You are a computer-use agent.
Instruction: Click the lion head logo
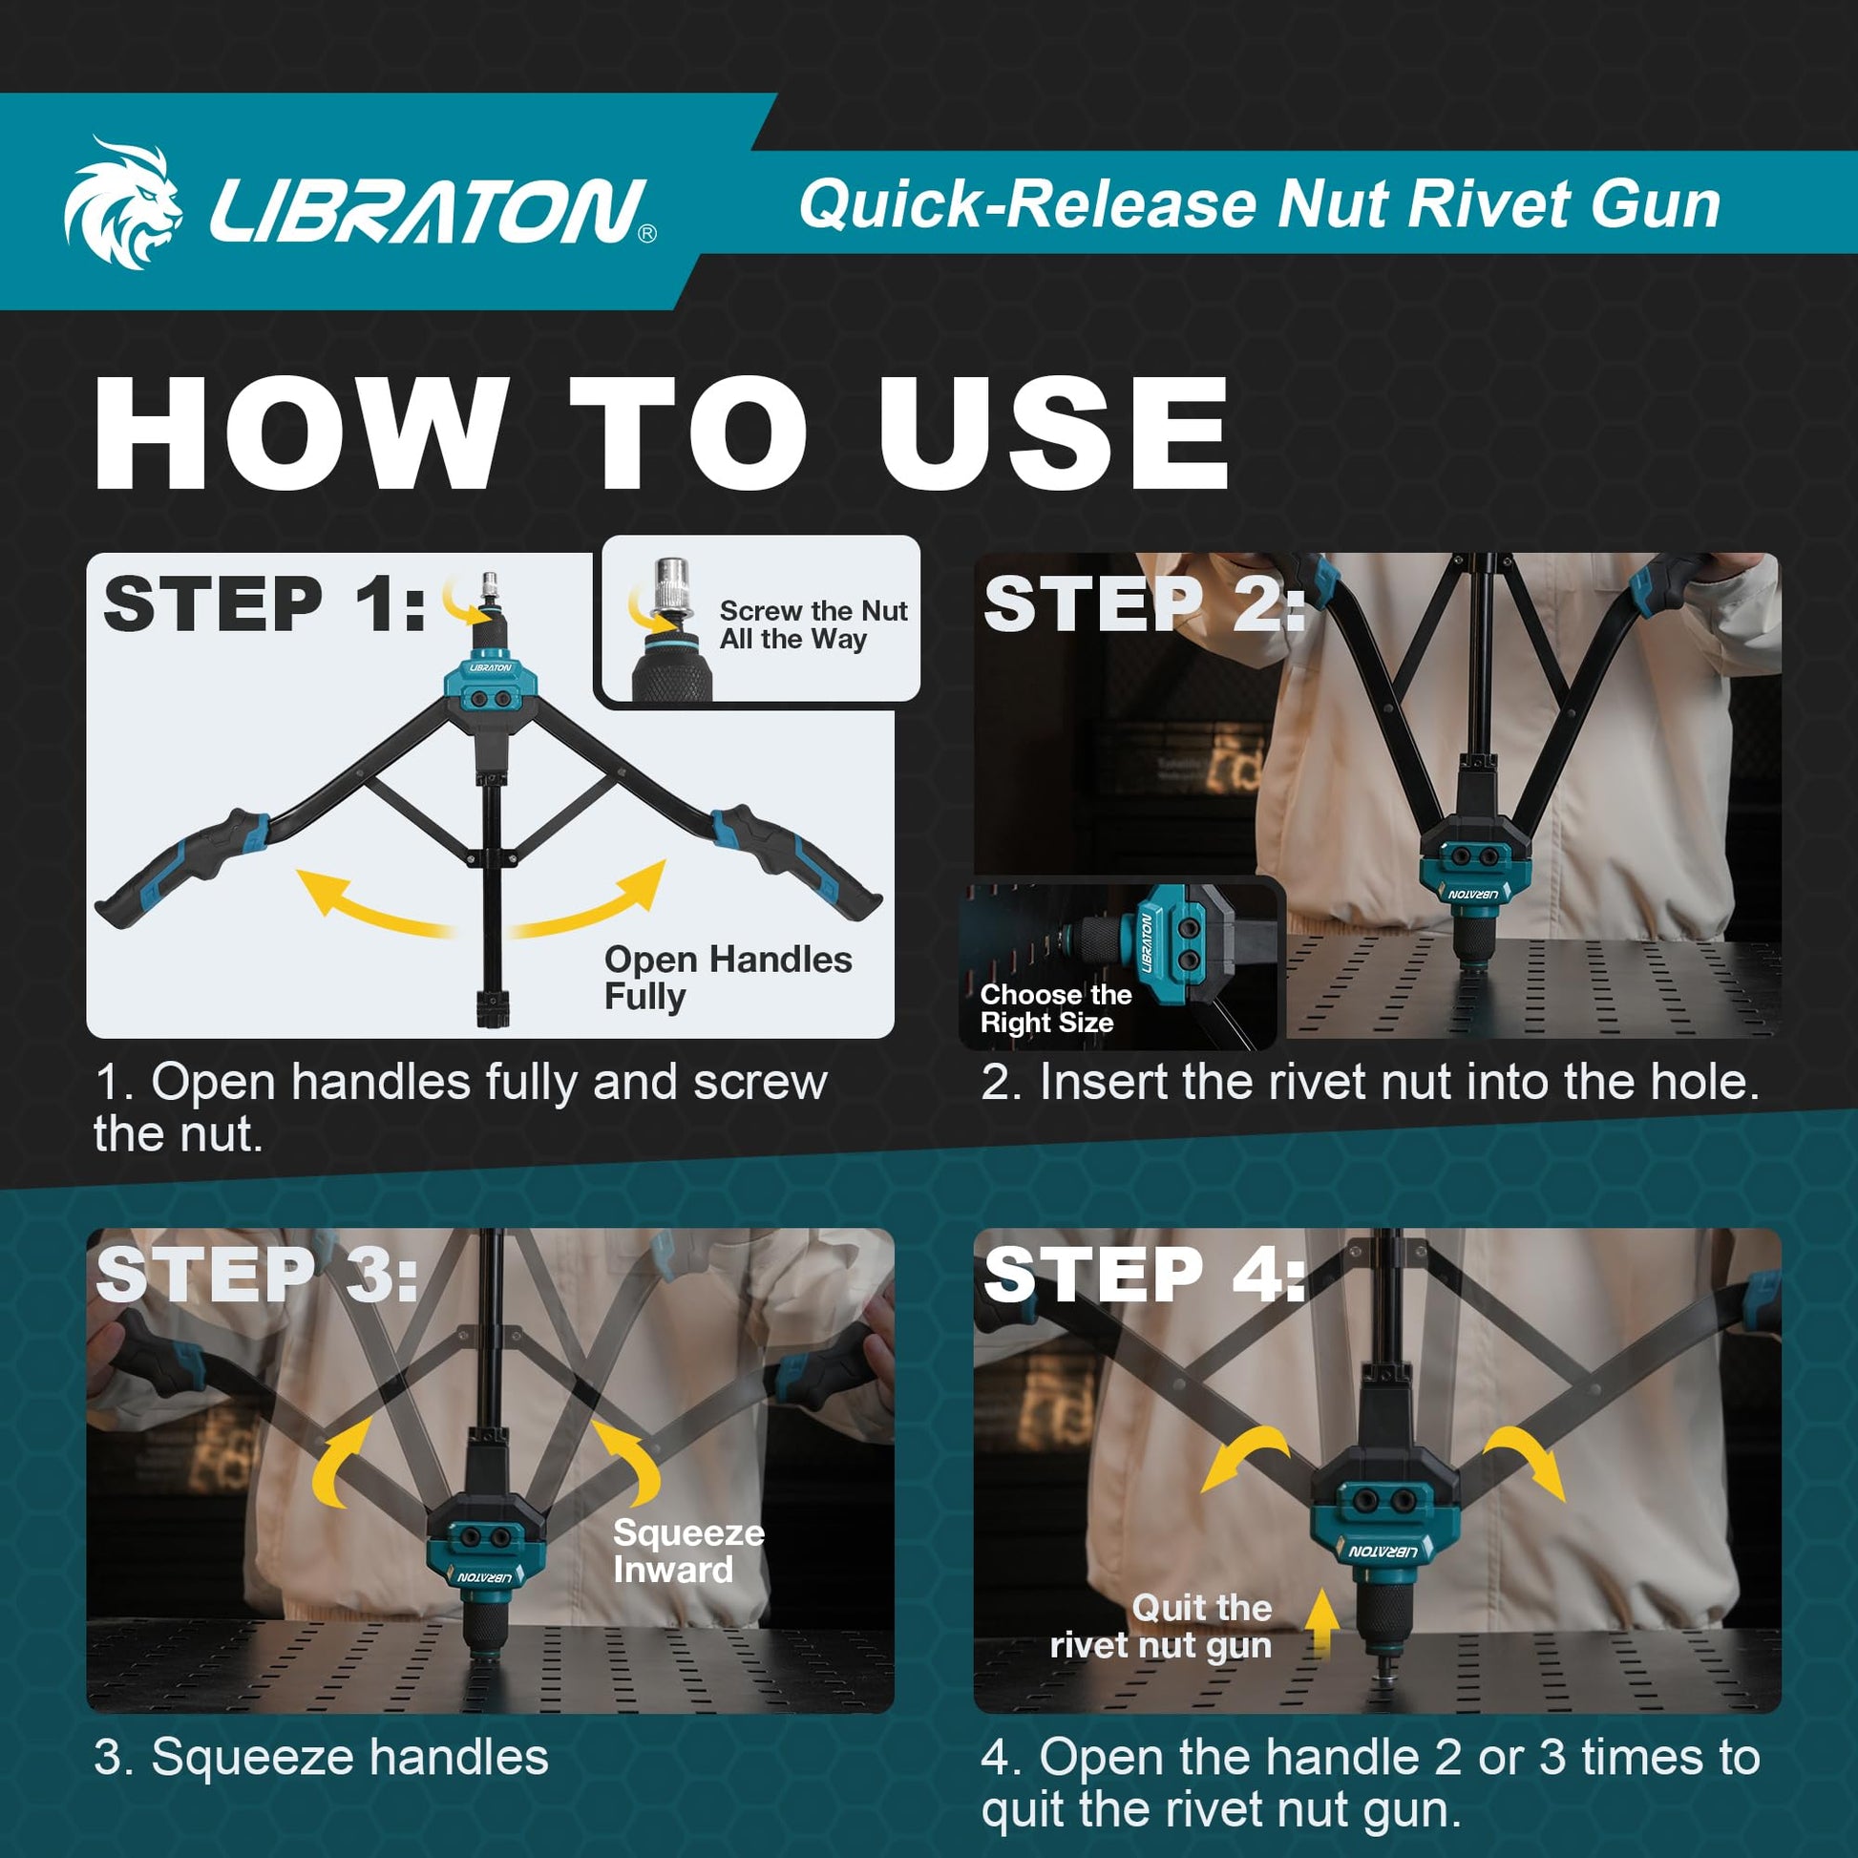[x=122, y=203]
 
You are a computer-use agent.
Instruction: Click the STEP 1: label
[x=264, y=605]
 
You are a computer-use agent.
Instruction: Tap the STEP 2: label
[x=1144, y=605]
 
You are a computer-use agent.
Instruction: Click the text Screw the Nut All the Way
[x=813, y=625]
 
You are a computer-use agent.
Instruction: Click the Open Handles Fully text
[x=728, y=977]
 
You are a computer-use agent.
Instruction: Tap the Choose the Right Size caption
[x=1055, y=1008]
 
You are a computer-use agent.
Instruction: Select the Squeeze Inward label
[x=688, y=1551]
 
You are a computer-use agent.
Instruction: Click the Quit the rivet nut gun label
[x=1161, y=1626]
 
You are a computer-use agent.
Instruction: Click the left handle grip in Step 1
[x=182, y=866]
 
